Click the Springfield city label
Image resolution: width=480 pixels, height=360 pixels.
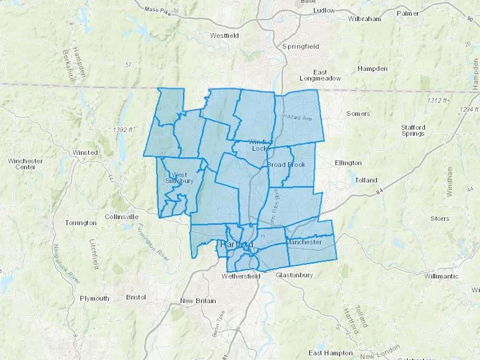coord(301,46)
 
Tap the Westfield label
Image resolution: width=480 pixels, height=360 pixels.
coord(224,35)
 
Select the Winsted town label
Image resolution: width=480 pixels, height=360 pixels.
coord(85,153)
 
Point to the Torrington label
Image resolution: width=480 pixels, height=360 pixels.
coord(81,223)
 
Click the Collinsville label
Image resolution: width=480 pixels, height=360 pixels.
coord(122,217)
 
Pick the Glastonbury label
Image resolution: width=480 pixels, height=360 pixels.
coord(294,275)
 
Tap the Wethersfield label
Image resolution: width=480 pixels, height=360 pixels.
coord(241,276)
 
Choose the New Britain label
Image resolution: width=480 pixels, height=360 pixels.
coord(198,301)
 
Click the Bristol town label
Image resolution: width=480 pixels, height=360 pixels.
coord(136,297)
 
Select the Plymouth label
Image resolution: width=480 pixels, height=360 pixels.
coord(94,298)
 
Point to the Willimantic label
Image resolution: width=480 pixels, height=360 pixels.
coord(441,276)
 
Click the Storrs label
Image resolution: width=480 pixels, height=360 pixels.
coord(440,219)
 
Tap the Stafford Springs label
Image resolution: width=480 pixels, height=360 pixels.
coord(413,130)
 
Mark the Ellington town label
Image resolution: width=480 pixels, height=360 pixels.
coord(348,163)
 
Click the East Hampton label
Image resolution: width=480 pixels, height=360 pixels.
coord(330,353)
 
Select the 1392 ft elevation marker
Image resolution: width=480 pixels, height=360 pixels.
coord(123,130)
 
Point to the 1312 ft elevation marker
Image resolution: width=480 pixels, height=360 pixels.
coord(437,101)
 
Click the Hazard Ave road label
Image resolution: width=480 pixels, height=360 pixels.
coord(297,117)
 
